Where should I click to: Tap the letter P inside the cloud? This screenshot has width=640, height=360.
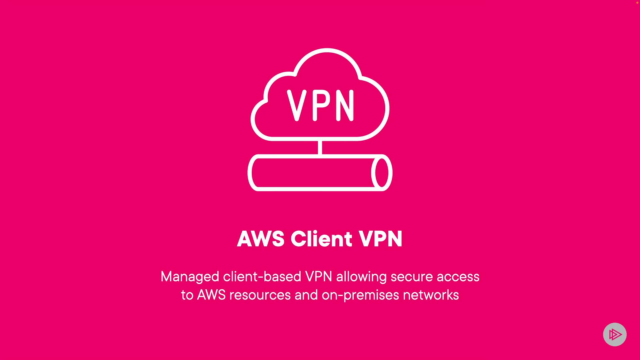click(321, 105)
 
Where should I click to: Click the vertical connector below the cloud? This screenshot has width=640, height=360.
click(320, 147)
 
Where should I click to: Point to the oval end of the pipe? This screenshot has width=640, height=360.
click(382, 173)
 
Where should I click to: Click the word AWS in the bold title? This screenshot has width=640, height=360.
click(261, 239)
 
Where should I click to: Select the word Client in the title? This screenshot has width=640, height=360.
click(322, 239)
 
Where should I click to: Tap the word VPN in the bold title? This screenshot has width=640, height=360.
click(381, 239)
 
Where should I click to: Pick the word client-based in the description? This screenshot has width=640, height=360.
click(262, 277)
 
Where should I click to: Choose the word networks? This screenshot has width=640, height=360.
click(431, 295)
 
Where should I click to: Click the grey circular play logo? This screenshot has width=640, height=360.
click(615, 334)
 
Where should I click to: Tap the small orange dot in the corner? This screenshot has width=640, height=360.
click(637, 2)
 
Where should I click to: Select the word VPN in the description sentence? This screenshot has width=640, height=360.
click(319, 277)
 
